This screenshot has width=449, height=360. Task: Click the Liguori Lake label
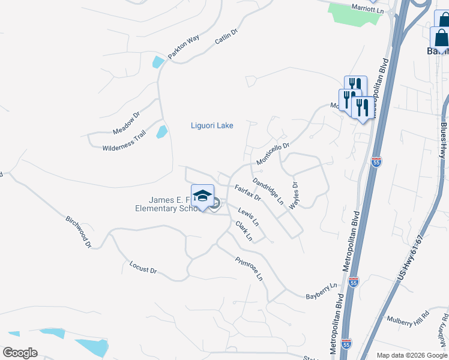click(x=211, y=125)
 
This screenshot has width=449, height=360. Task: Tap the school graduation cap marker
click(x=203, y=196)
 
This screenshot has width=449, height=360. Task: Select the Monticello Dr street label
click(x=273, y=154)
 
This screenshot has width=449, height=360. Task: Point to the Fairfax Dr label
click(x=247, y=193)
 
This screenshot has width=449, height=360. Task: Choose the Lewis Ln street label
click(x=249, y=217)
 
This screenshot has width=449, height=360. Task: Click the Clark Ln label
click(x=244, y=232)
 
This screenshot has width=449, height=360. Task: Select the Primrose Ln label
click(x=249, y=269)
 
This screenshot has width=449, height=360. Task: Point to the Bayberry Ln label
click(x=322, y=292)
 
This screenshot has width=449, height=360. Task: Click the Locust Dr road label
click(x=143, y=267)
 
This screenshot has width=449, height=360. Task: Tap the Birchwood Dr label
click(x=79, y=232)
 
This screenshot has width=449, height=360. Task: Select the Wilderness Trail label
click(x=124, y=142)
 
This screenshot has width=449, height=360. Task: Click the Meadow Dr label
click(x=126, y=123)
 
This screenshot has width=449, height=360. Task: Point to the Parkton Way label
click(x=184, y=47)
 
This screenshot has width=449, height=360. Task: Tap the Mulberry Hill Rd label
click(x=408, y=318)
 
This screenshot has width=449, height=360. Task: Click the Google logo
click(x=20, y=352)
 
